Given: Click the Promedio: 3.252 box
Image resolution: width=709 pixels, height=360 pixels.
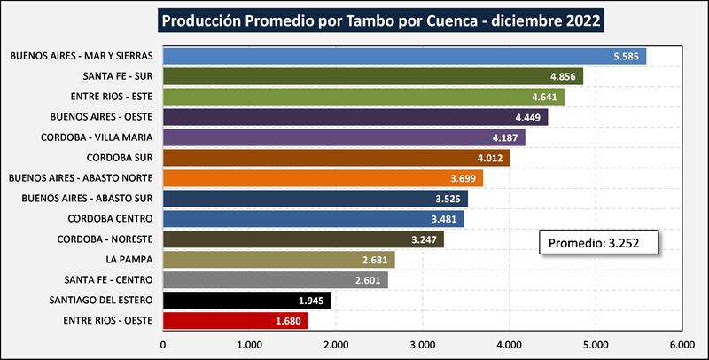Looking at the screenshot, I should [599, 243].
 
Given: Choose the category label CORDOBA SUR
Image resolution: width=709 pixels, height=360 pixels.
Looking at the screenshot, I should [121, 158].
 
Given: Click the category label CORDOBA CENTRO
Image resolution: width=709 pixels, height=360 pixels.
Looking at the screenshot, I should [111, 219].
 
